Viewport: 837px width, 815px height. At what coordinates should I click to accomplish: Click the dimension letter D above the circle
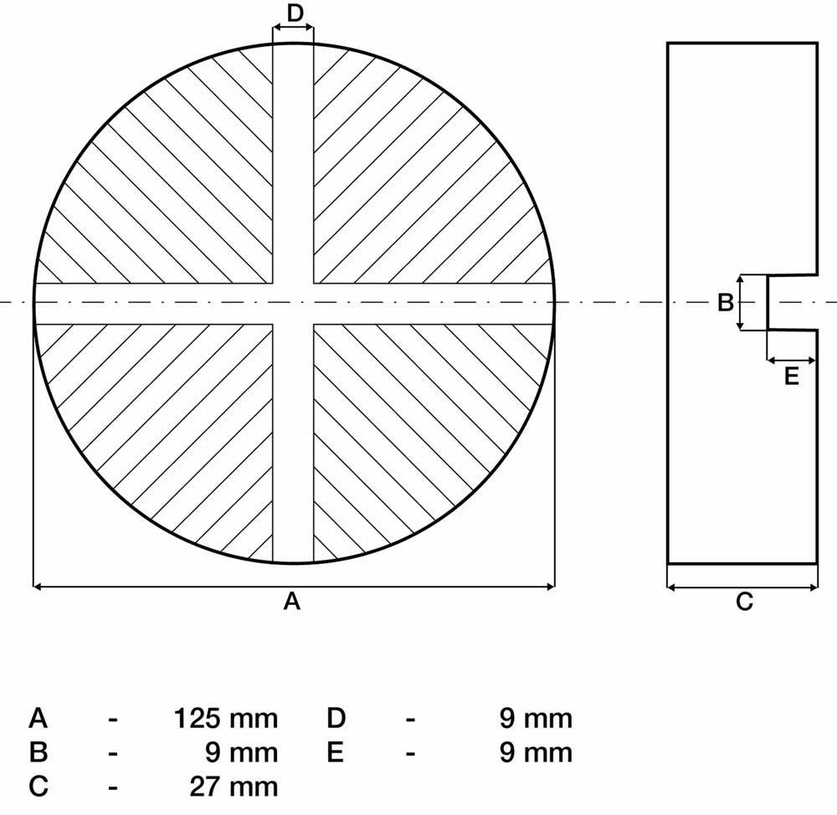pos(295,13)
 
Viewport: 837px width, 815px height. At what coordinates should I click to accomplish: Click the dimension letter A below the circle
pos(292,601)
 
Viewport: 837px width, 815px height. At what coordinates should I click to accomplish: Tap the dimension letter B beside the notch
pos(726,303)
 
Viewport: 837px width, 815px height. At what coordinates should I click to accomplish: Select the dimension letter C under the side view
pos(744,602)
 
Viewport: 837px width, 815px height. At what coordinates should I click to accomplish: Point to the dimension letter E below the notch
pos(792,377)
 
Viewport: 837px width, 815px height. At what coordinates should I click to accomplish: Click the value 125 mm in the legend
pos(226,719)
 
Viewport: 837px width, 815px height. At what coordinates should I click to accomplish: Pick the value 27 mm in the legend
pos(234,787)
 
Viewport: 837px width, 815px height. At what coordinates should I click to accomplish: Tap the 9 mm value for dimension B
pos(242,752)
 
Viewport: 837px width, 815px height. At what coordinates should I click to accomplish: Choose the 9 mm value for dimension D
pos(536,719)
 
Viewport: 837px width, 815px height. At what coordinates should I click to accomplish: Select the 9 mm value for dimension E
pos(536,752)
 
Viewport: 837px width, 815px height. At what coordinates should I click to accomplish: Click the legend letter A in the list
pos(39,719)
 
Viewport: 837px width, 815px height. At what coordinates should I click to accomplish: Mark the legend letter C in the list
pos(39,787)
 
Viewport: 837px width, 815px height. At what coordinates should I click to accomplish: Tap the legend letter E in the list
pos(335,752)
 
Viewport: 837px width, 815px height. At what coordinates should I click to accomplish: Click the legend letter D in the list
pos(336,719)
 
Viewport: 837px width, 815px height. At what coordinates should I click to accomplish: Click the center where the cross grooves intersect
pos(293,303)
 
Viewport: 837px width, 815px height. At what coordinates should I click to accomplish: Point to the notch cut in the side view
pos(792,303)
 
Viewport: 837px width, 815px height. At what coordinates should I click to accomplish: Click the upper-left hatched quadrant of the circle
pos(176,187)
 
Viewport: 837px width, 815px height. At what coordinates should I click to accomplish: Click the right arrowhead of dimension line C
pos(814,587)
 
